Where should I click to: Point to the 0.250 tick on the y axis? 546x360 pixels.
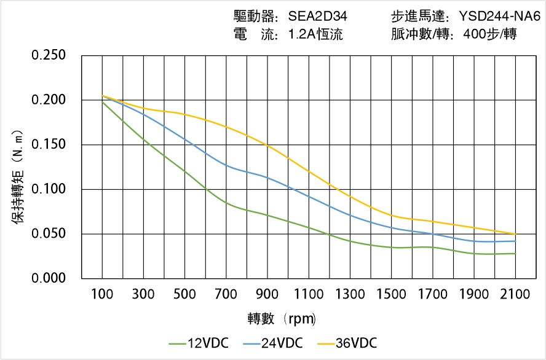[49, 55]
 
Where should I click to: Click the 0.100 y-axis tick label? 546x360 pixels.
[49, 189]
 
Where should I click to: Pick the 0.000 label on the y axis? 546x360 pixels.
[49, 279]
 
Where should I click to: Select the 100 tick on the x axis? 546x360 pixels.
[102, 295]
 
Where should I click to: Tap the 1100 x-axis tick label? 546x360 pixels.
[309, 295]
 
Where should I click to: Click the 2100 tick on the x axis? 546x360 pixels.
[515, 295]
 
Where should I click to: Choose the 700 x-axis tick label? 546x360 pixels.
[226, 295]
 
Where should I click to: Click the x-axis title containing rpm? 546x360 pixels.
[282, 319]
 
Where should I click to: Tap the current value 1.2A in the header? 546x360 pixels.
[301, 34]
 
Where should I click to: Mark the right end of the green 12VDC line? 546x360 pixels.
[515, 254]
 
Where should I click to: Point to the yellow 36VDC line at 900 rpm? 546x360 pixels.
[267, 144]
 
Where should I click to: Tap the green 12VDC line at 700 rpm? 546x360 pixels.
[226, 203]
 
